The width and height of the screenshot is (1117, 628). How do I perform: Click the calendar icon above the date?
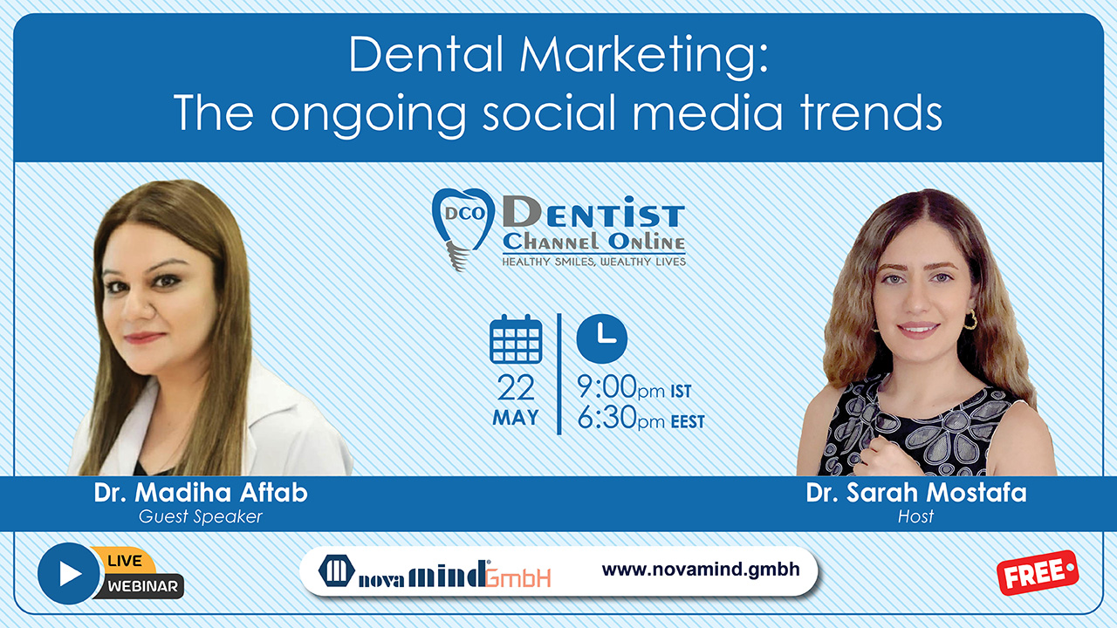pos(516,339)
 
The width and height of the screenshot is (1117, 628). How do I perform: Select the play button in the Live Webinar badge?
pos(69,573)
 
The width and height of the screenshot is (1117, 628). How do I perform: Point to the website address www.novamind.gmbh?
pos(701,570)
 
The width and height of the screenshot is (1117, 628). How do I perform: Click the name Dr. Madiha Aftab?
pos(201,493)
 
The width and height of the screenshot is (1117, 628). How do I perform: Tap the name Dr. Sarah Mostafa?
pos(916,493)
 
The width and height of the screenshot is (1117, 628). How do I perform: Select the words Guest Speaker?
pos(201,516)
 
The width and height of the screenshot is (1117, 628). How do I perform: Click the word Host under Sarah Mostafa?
pos(915,516)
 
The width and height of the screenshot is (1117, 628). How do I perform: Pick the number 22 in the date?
pos(516,387)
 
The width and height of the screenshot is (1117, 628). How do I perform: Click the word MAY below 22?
pos(516,418)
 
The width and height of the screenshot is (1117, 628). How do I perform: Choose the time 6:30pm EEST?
pos(641,420)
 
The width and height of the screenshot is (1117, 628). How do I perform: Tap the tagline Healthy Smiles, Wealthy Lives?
pos(593,261)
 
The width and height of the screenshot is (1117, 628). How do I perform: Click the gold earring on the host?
pos(969,319)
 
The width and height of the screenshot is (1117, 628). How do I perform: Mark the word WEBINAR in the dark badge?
pos(143,586)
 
